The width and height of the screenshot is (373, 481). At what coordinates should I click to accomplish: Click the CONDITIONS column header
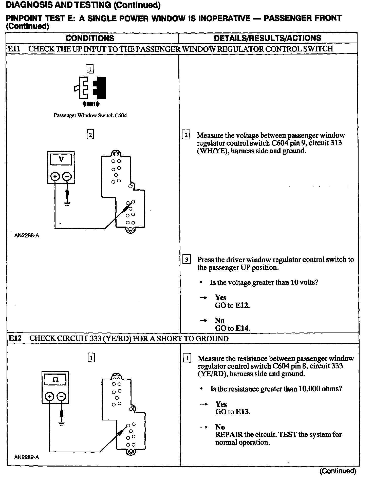[90, 38]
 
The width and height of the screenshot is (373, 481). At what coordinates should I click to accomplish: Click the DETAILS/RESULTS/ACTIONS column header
[268, 38]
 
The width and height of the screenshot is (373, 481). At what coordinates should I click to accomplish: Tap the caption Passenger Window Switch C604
[90, 116]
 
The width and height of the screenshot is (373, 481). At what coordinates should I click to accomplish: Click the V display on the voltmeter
[61, 159]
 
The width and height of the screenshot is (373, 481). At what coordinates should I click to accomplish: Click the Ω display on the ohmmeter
[55, 380]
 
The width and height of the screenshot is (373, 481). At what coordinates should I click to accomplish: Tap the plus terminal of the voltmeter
[55, 176]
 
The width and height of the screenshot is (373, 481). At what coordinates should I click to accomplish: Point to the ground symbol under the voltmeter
[67, 203]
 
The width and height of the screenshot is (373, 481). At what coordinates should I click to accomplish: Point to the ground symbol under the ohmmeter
[61, 423]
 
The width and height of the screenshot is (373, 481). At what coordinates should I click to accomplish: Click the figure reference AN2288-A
[27, 236]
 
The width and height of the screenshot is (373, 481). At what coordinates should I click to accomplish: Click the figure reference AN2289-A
[27, 457]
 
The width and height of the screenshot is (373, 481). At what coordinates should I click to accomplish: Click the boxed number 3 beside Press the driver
[186, 260]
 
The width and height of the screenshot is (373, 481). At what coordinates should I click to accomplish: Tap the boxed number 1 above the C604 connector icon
[90, 69]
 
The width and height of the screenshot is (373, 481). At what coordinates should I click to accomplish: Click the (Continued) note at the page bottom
[338, 471]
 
